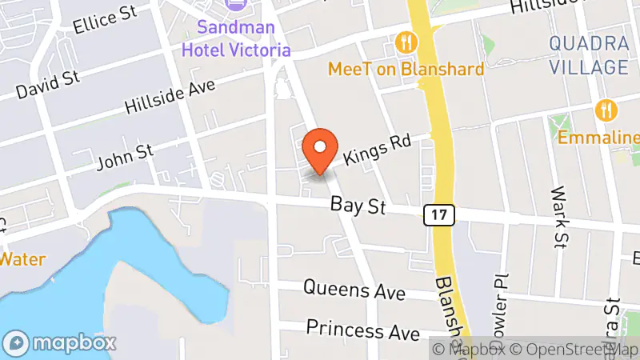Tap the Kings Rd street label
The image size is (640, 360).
click(x=377, y=149)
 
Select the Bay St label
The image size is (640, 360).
click(x=358, y=207)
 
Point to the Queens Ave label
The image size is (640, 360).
click(x=354, y=290)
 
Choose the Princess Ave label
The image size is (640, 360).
click(x=363, y=329)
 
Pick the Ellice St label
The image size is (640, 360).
click(x=101, y=25)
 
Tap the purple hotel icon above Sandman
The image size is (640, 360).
click(x=236, y=5)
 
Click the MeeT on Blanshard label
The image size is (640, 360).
click(x=406, y=70)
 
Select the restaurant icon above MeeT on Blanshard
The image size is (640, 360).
click(x=406, y=42)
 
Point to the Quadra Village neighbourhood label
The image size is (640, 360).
click(x=588, y=55)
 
